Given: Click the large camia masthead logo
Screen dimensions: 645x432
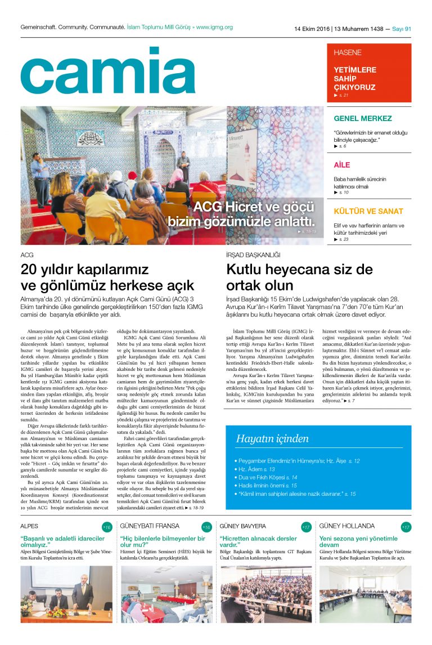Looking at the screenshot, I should [107, 71].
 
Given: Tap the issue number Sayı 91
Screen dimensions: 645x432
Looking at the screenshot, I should [402, 29].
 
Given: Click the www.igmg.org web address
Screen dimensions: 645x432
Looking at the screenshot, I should [214, 27].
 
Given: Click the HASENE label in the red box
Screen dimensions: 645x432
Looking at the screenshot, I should [348, 52].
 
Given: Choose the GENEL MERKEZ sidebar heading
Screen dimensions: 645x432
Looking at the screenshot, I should [362, 119].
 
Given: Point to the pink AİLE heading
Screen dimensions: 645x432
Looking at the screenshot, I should [341, 165].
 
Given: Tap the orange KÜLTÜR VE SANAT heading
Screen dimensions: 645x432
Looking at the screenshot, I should [368, 212].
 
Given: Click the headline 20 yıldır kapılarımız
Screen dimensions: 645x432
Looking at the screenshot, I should [84, 268].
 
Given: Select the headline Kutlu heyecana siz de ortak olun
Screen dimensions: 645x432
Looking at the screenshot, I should [299, 276].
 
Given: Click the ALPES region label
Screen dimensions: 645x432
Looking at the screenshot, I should [29, 526].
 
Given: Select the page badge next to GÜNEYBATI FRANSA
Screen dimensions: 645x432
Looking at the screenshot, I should [206, 527].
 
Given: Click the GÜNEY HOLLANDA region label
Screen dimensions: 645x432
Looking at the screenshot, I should [346, 526].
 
